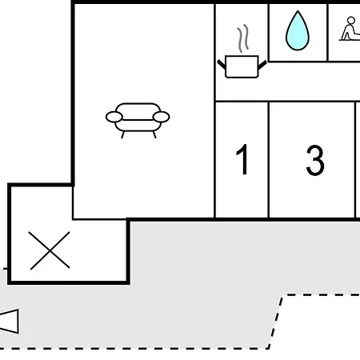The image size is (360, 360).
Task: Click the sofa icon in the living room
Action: coord(138,121)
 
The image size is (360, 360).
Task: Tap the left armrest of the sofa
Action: coord(114,117)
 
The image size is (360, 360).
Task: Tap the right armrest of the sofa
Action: coord(162,117)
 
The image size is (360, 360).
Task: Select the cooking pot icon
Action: coord(242,66)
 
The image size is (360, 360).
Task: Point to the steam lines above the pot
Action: coord(243,38)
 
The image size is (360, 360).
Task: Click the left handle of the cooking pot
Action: coord(222,64)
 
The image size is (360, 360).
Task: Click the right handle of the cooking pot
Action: coord(262,64)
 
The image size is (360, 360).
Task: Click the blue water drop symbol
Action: coord(298,31)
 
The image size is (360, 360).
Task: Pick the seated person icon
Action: coord(350,29)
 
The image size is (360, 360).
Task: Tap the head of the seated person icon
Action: coord(351,21)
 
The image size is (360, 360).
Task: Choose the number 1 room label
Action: coord(242,159)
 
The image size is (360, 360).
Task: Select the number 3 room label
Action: coord(315,160)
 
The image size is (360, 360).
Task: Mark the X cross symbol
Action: coord(50,250)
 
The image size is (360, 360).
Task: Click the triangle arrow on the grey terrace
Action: coord(10,322)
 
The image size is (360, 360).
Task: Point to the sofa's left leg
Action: coord(122,135)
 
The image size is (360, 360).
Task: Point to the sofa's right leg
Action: coord(154,135)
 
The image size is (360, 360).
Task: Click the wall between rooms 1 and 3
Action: coord(269,159)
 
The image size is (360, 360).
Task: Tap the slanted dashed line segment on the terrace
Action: coord(276,322)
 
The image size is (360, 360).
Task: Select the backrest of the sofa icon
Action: coord(138,111)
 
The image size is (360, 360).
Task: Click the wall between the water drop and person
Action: coord(327,32)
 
